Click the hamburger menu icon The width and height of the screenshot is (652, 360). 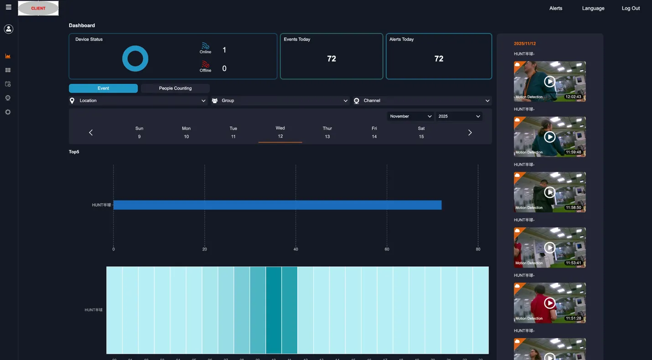tap(8, 7)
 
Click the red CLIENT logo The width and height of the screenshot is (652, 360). tap(38, 8)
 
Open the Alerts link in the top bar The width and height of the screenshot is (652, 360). tap(555, 8)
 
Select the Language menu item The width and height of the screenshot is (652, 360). tap(593, 8)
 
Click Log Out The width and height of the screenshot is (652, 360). tap(631, 8)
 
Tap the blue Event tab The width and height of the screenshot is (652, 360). tap(103, 88)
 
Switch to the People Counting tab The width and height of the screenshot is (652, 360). tap(175, 88)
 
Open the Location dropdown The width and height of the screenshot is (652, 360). tap(138, 101)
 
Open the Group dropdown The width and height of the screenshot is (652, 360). tap(280, 101)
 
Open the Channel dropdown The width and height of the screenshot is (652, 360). tap(422, 101)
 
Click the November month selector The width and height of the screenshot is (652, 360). tap(410, 116)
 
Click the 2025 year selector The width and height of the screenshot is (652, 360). tap(459, 116)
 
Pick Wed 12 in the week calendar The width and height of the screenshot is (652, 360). tap(280, 132)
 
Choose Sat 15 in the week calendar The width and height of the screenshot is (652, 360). tap(421, 132)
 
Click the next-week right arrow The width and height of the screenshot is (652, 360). tap(470, 133)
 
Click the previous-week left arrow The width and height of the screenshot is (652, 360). tap(91, 133)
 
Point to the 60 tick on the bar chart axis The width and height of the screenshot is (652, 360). tap(387, 249)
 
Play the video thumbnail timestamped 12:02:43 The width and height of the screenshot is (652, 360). tap(549, 82)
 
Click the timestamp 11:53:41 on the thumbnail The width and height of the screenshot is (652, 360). tap(573, 263)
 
